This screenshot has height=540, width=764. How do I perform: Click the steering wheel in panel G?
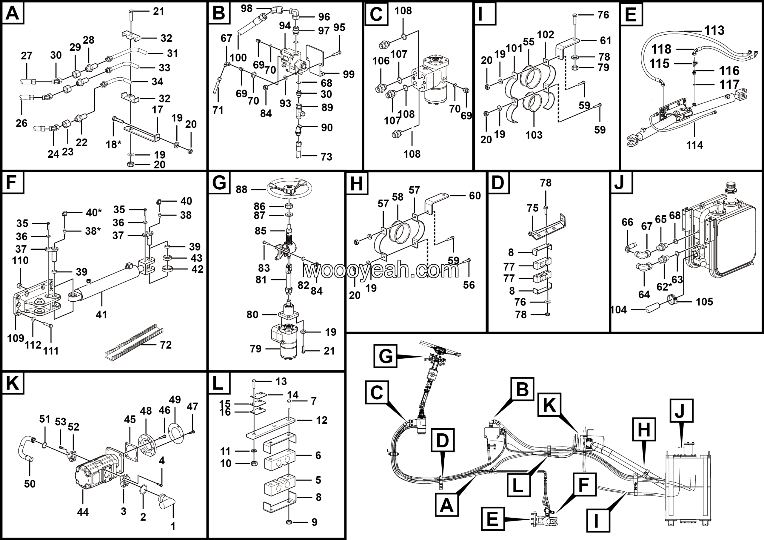pos(289,189)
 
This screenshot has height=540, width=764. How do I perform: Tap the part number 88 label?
pos(241,189)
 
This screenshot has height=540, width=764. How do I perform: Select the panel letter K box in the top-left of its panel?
pos(13,383)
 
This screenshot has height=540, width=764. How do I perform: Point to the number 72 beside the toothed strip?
pos(165,345)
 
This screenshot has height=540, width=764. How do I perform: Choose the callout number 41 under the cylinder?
pos(101,314)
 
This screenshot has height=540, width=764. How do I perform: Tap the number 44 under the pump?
pos(83,512)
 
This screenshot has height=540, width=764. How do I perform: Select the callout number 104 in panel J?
pos(619,310)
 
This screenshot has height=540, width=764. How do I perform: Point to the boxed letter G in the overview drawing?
pos(385,356)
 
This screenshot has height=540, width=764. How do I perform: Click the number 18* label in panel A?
pos(113,145)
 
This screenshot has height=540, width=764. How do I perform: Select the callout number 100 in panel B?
pos(238,58)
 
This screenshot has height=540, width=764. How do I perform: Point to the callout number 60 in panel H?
pos(475,196)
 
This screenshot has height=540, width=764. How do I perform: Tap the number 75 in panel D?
pos(532,208)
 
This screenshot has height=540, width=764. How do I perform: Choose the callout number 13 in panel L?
pos(281,381)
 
